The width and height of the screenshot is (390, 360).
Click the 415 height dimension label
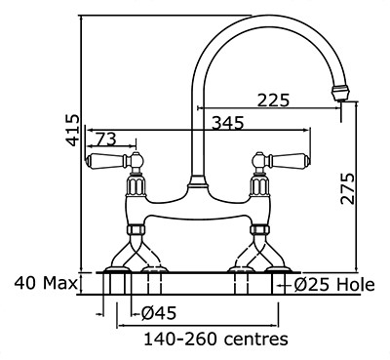72,130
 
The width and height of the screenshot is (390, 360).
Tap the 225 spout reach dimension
273,100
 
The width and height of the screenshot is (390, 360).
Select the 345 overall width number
227,123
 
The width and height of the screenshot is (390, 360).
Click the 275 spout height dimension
347,188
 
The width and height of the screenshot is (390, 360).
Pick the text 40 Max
46,283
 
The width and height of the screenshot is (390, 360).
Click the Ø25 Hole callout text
334,285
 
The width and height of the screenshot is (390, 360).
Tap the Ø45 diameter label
159,313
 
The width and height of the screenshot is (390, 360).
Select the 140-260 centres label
215,340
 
